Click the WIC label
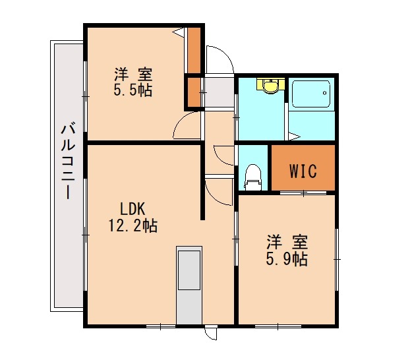tap(303, 171)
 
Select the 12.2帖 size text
tap(132, 226)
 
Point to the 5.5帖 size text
tap(132, 90)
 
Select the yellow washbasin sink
tap(270, 86)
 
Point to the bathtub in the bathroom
tap(312, 95)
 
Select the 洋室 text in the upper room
tap(132, 73)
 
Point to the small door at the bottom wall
tap(210, 333)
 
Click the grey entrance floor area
tap(218, 92)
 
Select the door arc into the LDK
tap(218, 191)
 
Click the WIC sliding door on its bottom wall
tap(303, 193)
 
